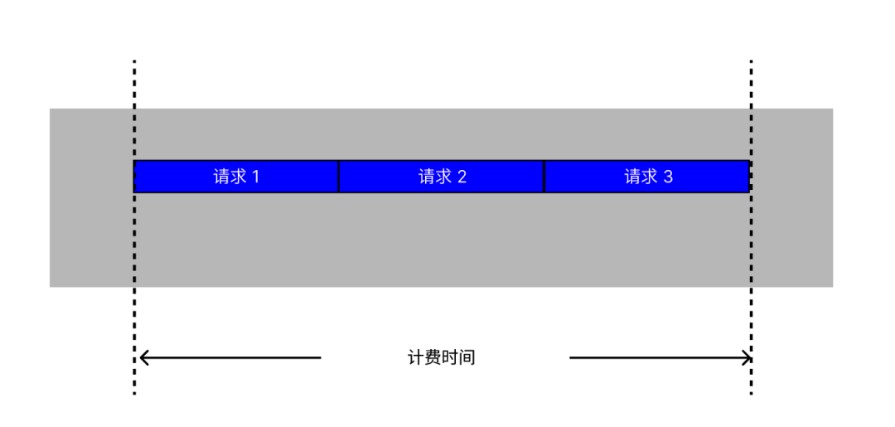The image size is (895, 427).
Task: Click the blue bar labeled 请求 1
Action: tap(236, 177)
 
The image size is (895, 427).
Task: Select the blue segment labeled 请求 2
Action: tap(442, 177)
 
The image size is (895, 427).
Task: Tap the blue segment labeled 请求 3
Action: tap(647, 177)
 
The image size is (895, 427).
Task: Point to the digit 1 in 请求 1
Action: tap(255, 177)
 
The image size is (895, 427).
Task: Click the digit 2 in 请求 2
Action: tap(462, 177)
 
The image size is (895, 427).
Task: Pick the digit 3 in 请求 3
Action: tap(668, 177)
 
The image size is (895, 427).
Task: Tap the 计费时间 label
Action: tap(442, 358)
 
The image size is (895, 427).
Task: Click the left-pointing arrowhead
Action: tap(144, 358)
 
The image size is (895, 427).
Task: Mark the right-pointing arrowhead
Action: tap(746, 358)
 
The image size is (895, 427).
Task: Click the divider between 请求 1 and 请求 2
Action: tap(339, 177)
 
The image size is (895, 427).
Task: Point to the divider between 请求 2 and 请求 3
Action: tap(544, 177)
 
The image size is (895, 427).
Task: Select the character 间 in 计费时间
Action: tap(467, 358)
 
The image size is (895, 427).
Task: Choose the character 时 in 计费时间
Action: tap(450, 358)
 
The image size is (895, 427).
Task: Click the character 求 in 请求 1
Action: tap(238, 177)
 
